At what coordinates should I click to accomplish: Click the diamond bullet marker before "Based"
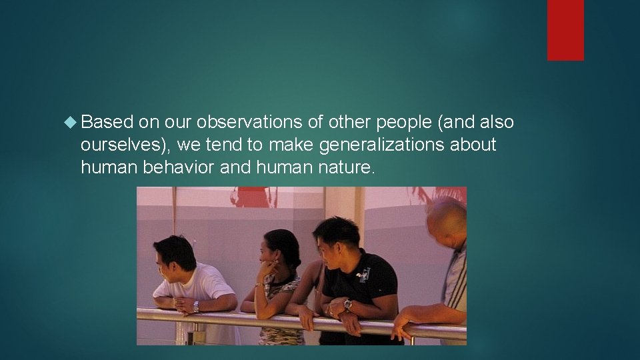[x=73, y=123]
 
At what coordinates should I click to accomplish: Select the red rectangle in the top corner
[x=565, y=30]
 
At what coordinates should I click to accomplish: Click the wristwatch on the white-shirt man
[x=196, y=306]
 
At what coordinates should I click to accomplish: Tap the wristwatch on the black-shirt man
[x=347, y=305]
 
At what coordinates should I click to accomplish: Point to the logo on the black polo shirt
[x=365, y=274]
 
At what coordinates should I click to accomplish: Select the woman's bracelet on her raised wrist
[x=258, y=285]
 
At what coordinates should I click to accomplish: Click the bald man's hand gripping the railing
[x=400, y=326]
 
